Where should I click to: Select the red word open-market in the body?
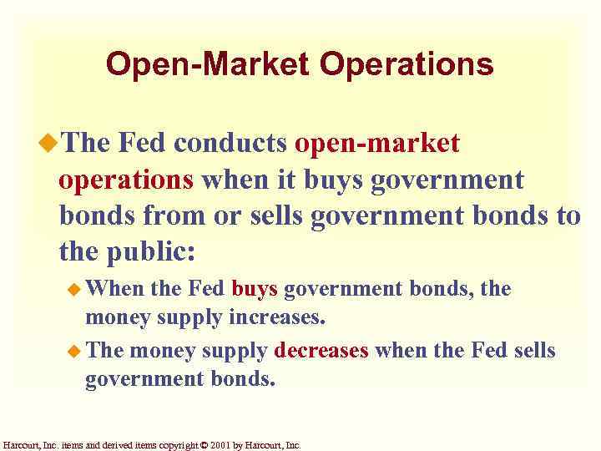pos(377,144)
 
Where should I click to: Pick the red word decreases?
pos(321,350)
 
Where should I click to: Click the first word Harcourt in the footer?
pos(20,445)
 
